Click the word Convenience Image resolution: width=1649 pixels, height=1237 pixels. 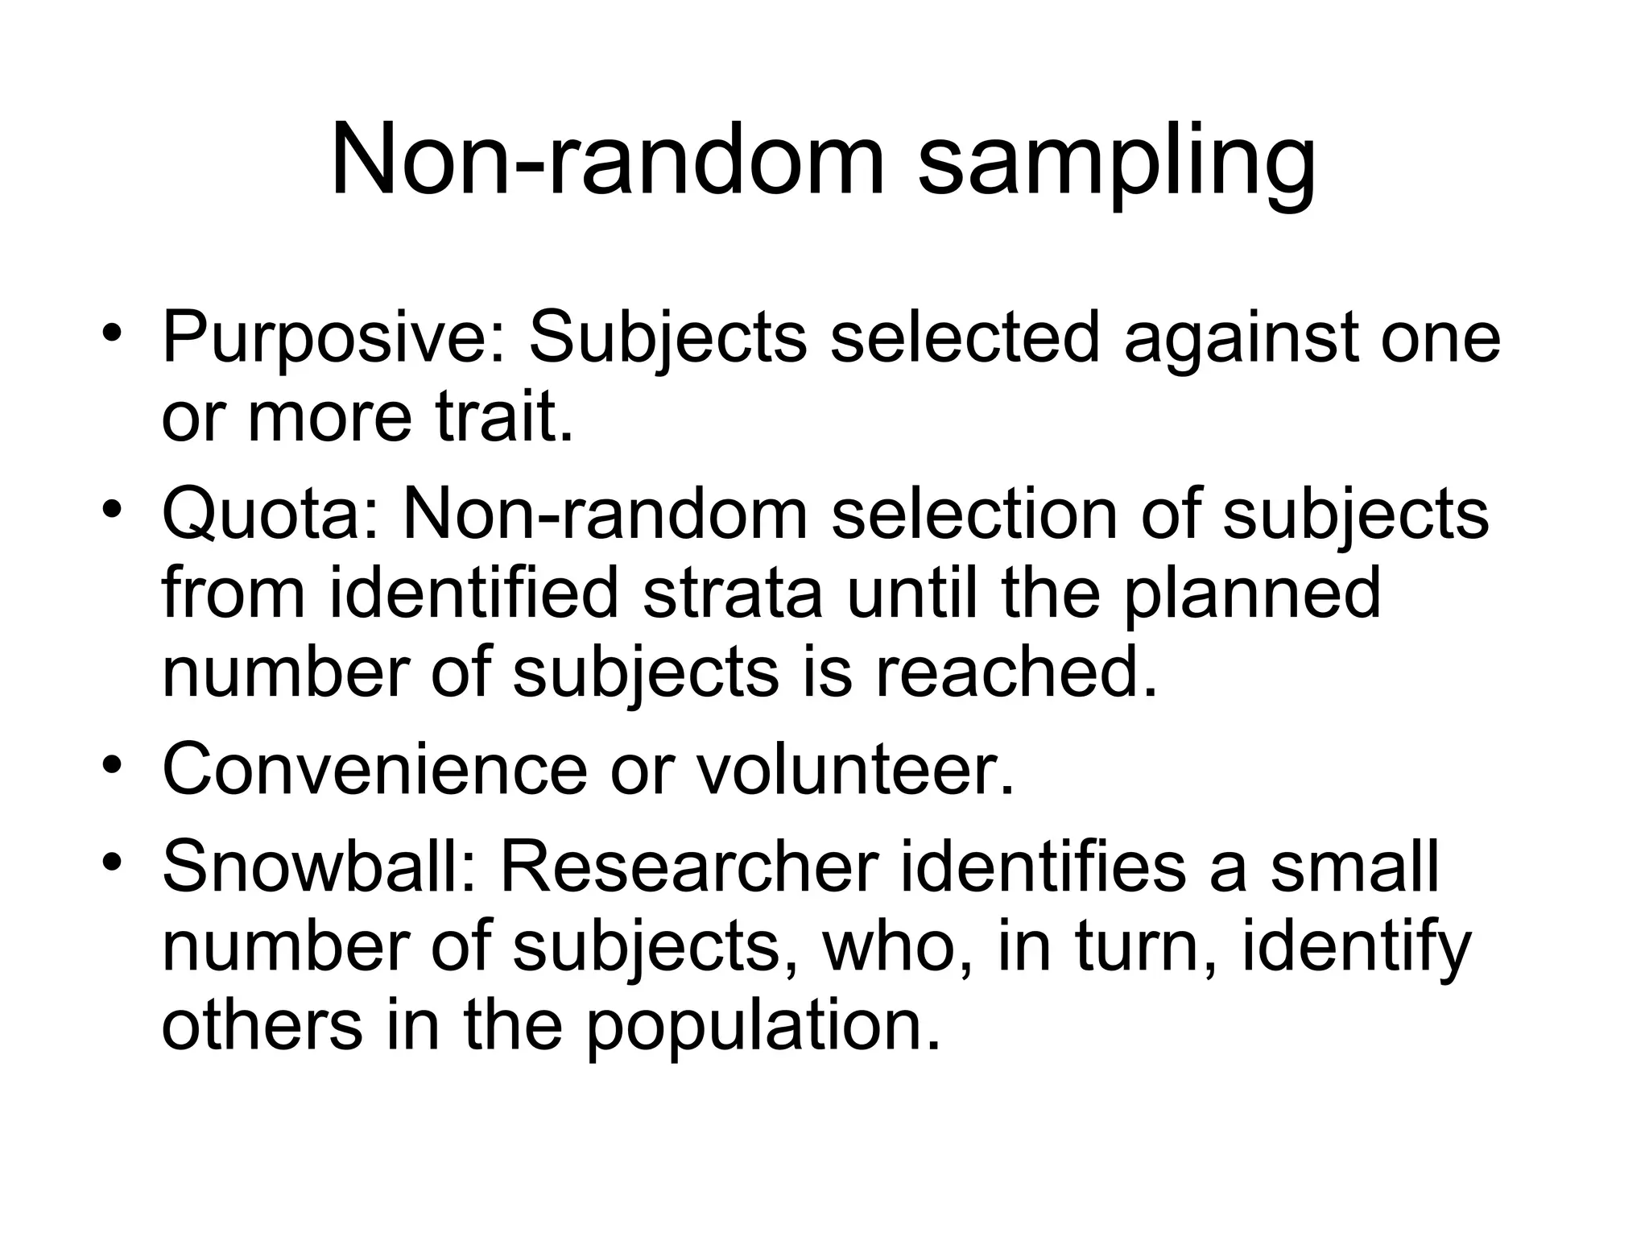click(x=375, y=769)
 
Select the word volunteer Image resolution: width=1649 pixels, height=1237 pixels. click(x=853, y=769)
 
